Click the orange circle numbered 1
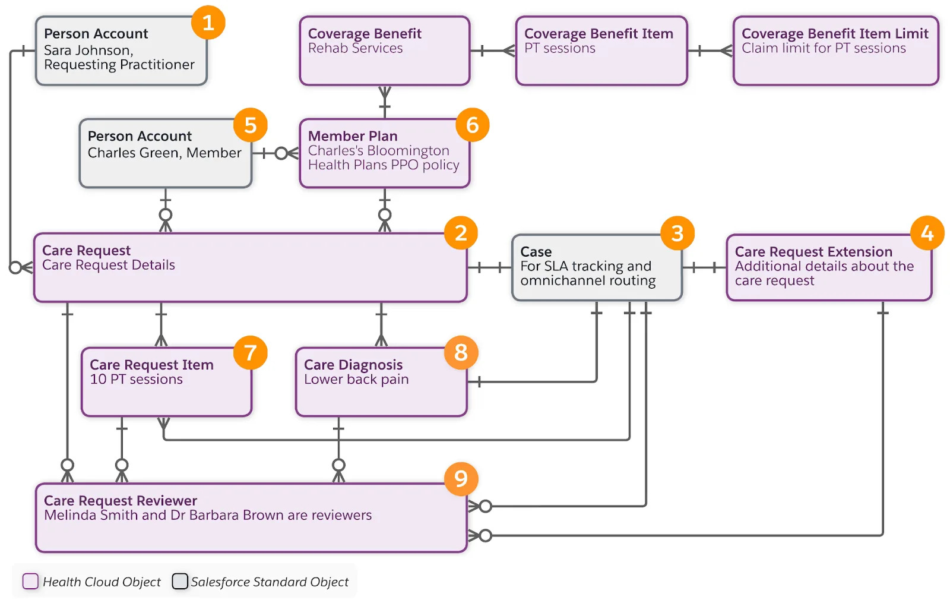(208, 23)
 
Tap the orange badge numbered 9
(461, 479)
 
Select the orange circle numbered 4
(927, 233)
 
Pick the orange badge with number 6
(472, 125)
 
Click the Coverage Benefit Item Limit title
(834, 34)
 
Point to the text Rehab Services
(355, 49)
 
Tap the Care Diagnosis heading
(353, 365)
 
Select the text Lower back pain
(356, 380)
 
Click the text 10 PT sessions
(136, 380)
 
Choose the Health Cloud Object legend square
(30, 581)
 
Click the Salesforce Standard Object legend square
(179, 581)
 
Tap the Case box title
(536, 252)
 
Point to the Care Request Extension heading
(813, 252)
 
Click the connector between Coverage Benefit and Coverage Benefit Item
(492, 51)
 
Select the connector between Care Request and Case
(489, 268)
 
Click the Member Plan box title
(352, 136)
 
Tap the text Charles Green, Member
(164, 153)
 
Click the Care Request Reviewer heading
(120, 501)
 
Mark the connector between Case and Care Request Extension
(704, 268)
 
